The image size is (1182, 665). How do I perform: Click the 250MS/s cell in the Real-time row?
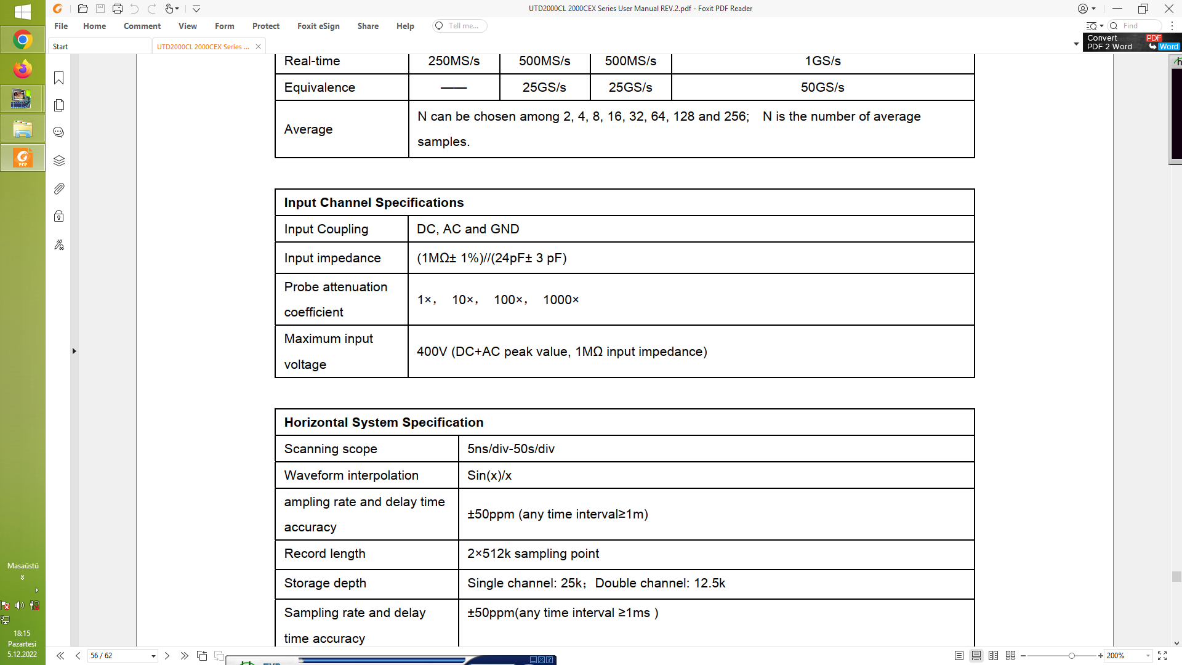click(x=454, y=61)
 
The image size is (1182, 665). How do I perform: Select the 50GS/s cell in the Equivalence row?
click(x=822, y=87)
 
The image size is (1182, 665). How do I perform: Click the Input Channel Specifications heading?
click(x=374, y=203)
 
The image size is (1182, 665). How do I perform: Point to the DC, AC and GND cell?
click(x=468, y=229)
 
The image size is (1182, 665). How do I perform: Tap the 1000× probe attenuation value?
click(x=561, y=300)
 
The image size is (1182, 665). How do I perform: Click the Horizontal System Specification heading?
click(x=384, y=422)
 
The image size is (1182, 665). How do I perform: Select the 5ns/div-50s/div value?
click(x=510, y=449)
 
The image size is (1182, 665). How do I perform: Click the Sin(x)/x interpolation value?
click(x=489, y=475)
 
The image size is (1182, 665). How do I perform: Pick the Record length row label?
click(x=324, y=554)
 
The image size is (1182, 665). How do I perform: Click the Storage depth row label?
click(x=325, y=583)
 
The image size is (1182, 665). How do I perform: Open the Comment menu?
click(x=142, y=26)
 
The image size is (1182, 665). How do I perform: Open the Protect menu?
click(x=265, y=26)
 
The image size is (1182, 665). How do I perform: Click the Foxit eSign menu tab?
click(x=318, y=26)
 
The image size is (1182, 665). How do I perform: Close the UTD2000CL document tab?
click(x=258, y=47)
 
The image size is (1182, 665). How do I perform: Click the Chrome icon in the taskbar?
click(x=23, y=40)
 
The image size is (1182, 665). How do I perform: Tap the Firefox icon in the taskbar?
click(x=23, y=69)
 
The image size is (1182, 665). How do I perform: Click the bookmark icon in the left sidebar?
click(x=59, y=78)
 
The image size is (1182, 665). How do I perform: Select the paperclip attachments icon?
click(x=59, y=189)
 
